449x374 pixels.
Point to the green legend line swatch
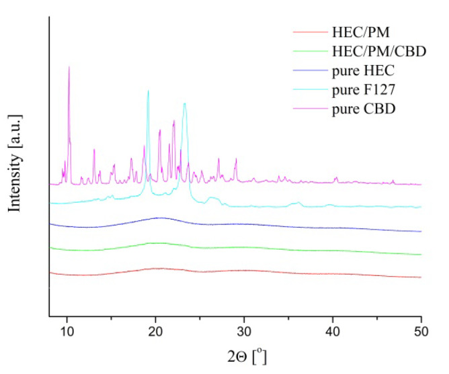pyautogui.click(x=310, y=51)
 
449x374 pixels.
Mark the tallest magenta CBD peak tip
pyautogui.click(x=69, y=66)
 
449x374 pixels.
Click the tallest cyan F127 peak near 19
pyautogui.click(x=148, y=90)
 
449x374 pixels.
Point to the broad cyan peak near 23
pyautogui.click(x=184, y=103)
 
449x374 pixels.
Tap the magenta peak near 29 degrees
pyautogui.click(x=235, y=159)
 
